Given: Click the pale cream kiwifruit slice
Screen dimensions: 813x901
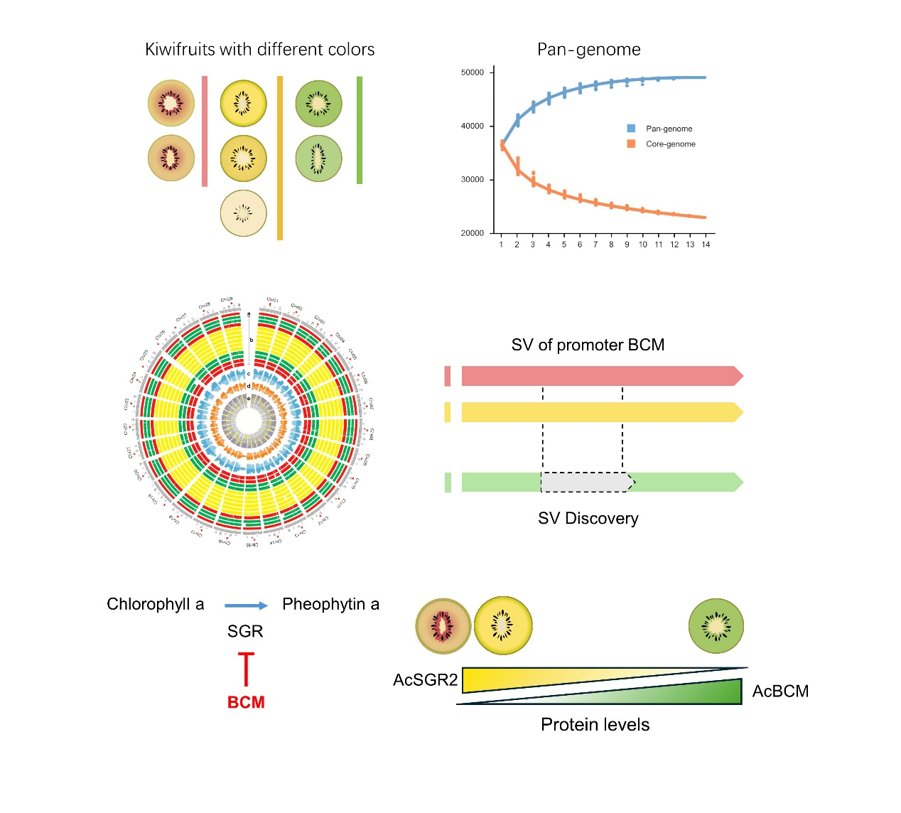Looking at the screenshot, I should click(x=243, y=213).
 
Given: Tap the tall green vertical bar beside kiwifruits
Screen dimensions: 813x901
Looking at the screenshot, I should click(x=360, y=130).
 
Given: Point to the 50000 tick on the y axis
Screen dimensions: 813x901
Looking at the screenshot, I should click(x=473, y=72).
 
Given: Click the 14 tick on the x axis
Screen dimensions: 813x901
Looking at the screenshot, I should click(x=706, y=244).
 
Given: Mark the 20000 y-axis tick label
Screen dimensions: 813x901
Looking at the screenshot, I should click(x=473, y=233).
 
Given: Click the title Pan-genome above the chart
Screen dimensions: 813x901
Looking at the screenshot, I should click(x=588, y=50).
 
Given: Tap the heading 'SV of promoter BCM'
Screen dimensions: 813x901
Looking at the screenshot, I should click(x=588, y=345).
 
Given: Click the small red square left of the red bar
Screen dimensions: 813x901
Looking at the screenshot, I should click(x=448, y=376).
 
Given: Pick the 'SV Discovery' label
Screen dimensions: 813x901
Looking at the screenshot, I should click(x=588, y=518).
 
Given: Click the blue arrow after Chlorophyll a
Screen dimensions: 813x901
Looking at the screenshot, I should click(x=246, y=605).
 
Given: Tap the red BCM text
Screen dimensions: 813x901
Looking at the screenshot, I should click(x=246, y=702).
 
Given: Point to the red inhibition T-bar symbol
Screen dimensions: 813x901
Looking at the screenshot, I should click(x=246, y=668).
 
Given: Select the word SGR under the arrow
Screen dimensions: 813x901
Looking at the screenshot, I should click(x=245, y=631).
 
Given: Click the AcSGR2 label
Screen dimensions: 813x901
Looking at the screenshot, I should click(x=425, y=680).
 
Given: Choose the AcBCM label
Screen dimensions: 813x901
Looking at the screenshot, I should click(x=780, y=691).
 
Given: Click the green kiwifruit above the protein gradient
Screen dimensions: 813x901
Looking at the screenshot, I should click(x=716, y=625).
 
